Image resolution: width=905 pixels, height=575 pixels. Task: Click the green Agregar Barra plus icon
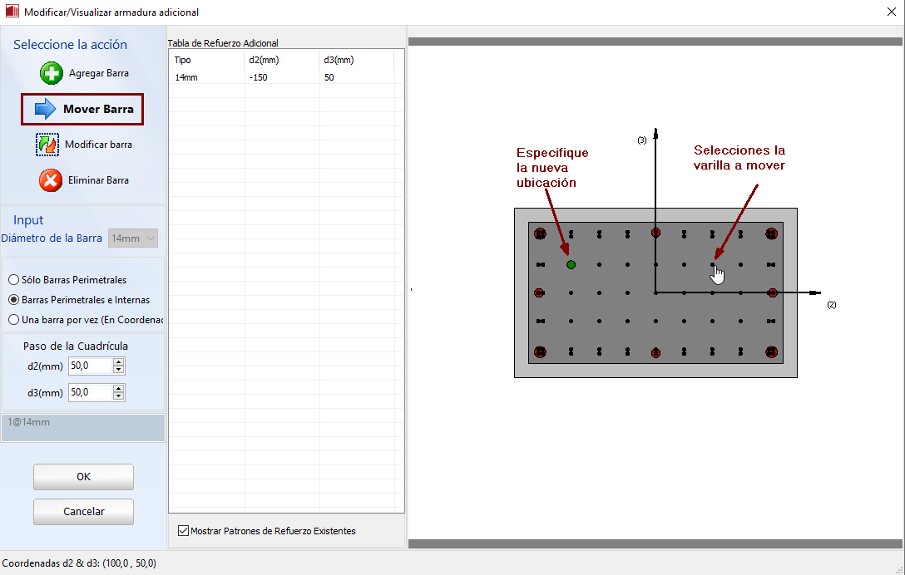click(52, 73)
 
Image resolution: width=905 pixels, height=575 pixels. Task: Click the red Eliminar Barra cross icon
click(51, 180)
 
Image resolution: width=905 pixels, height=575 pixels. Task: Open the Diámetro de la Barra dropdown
click(133, 238)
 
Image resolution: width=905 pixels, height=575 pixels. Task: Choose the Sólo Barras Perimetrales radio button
click(13, 280)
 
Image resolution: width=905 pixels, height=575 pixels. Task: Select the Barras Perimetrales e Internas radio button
click(13, 300)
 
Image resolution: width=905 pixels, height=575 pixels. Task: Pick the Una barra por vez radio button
click(13, 320)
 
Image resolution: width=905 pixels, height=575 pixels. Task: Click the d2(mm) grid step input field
click(90, 366)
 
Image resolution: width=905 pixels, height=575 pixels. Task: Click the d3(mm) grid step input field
click(90, 392)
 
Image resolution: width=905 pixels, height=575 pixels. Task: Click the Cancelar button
click(84, 512)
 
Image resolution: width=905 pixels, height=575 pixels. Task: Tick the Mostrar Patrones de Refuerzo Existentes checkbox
click(184, 531)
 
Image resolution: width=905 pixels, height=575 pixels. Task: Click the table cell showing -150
click(258, 77)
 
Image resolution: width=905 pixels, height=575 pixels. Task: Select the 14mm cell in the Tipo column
click(185, 77)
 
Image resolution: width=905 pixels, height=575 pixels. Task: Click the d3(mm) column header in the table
click(339, 60)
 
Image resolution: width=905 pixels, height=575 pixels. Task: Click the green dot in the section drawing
click(571, 265)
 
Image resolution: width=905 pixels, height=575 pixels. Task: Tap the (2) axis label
click(831, 304)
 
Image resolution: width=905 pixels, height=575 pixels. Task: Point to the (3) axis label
click(642, 140)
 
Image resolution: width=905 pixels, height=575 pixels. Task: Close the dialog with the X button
click(891, 12)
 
